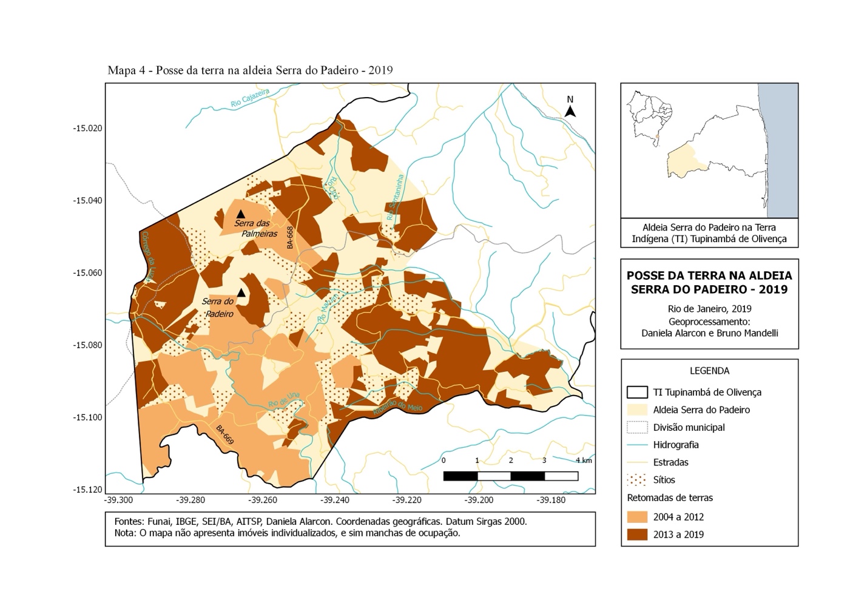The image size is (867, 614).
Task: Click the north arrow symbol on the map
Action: [x=570, y=111]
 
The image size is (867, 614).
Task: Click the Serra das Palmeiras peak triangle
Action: [x=240, y=214]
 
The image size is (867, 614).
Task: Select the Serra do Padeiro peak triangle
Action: [x=241, y=293]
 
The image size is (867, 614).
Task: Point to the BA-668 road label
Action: [x=290, y=238]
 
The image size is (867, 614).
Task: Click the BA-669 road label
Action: [x=224, y=434]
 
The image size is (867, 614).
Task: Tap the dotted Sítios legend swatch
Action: [x=636, y=480]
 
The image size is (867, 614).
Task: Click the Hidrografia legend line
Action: [x=636, y=445]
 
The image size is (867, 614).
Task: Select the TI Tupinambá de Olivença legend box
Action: [x=636, y=392]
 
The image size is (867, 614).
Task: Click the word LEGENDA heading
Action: [x=709, y=371]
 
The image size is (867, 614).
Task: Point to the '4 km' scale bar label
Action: [x=583, y=461]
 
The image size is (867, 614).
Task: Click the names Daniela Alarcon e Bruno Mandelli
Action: [x=709, y=332]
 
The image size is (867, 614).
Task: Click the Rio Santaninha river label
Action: [x=394, y=198]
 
